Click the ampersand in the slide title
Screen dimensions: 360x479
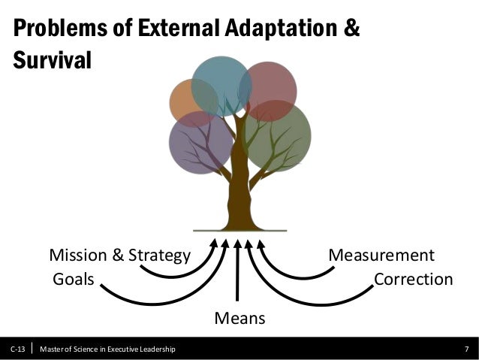point(351,30)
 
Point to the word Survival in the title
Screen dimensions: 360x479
point(52,60)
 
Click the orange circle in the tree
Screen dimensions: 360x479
point(188,101)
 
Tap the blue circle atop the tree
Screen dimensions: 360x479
point(221,84)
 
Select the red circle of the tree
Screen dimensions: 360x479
point(272,89)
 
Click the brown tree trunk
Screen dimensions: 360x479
point(239,188)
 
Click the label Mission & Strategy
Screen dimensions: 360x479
point(119,256)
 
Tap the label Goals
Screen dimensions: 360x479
point(73,280)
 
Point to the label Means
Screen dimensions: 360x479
point(239,319)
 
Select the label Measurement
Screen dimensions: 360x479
point(381,256)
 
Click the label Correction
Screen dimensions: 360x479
point(413,280)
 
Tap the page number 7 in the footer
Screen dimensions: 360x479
point(467,349)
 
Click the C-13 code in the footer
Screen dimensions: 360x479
point(17,349)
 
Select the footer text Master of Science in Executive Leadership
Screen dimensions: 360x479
point(108,349)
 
